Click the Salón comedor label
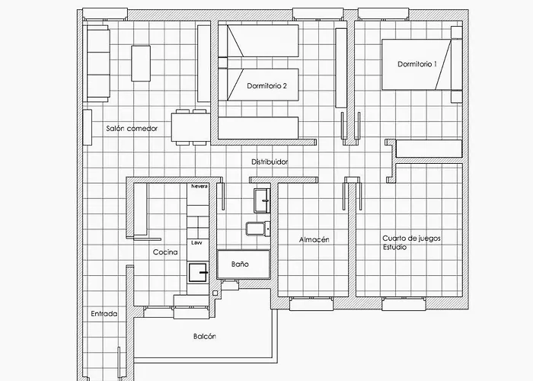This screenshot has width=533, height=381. [x=132, y=128]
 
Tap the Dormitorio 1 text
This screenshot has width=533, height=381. [x=417, y=64]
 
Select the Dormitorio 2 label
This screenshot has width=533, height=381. [x=266, y=85]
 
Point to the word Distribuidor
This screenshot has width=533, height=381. [x=270, y=162]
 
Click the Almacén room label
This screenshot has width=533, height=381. [x=314, y=239]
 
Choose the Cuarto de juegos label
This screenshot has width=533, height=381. [x=412, y=238]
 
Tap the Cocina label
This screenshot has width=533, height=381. [x=165, y=252]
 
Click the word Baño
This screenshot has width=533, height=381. [x=240, y=264]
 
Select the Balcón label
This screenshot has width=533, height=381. [x=205, y=336]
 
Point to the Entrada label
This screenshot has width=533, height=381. [x=104, y=314]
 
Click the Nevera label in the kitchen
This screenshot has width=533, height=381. [x=199, y=187]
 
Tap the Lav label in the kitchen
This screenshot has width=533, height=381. [x=196, y=242]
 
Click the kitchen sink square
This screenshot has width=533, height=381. [x=197, y=272]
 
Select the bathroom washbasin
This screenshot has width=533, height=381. [x=262, y=200]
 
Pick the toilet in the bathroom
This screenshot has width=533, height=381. [x=258, y=229]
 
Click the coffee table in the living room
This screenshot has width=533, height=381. [x=141, y=63]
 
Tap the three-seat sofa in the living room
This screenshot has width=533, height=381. [x=98, y=63]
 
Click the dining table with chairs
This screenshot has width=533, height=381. [x=191, y=127]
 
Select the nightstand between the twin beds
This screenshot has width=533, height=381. [x=222, y=62]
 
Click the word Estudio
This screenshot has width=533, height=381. [x=394, y=248]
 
